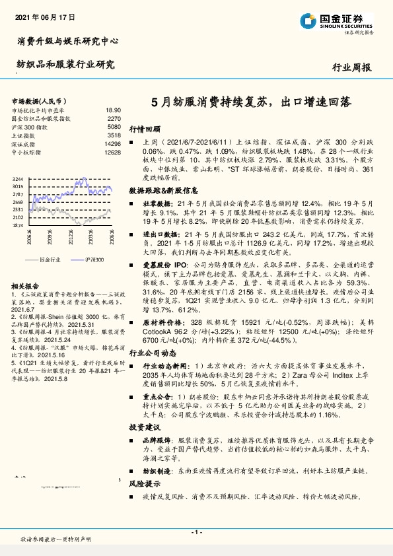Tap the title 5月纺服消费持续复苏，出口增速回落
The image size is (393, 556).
(x=251, y=103)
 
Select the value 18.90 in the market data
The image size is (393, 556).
(x=113, y=111)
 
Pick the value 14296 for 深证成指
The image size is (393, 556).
(x=113, y=143)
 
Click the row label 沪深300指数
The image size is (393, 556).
(x=30, y=127)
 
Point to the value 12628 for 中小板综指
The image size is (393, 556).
(x=113, y=151)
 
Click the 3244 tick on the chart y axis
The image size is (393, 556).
(x=18, y=179)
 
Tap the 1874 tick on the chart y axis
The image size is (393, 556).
(x=18, y=225)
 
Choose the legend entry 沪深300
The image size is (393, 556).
(x=95, y=260)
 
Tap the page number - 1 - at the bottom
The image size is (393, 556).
(x=196, y=532)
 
